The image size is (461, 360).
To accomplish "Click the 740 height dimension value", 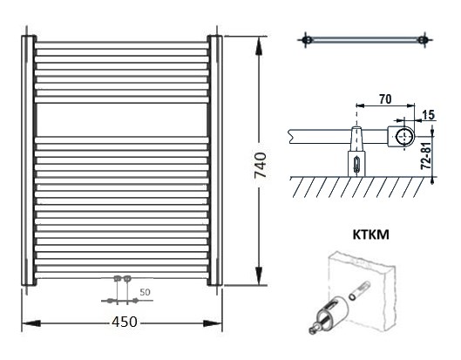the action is (261, 165).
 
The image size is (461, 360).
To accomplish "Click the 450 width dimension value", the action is (125, 322).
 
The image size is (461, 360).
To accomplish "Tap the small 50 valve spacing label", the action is (145, 292).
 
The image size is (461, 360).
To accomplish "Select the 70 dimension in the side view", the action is (385, 99).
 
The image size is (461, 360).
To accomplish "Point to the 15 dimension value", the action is (428, 115).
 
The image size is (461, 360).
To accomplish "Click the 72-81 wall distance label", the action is (426, 155).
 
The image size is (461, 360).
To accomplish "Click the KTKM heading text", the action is (370, 234).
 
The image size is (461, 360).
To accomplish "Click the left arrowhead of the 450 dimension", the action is (31, 323).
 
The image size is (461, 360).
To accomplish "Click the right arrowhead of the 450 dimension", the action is (213, 323).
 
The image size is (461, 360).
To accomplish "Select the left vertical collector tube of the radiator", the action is (29, 160).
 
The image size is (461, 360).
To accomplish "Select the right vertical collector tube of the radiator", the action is (215, 160).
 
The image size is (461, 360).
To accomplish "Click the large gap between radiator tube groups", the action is (122, 120).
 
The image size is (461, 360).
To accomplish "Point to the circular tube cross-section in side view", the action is (405, 137).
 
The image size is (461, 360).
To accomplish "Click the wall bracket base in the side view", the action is (356, 164).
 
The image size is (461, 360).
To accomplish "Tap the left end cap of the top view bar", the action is (306, 40).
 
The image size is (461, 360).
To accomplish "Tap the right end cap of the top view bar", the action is (423, 40).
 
